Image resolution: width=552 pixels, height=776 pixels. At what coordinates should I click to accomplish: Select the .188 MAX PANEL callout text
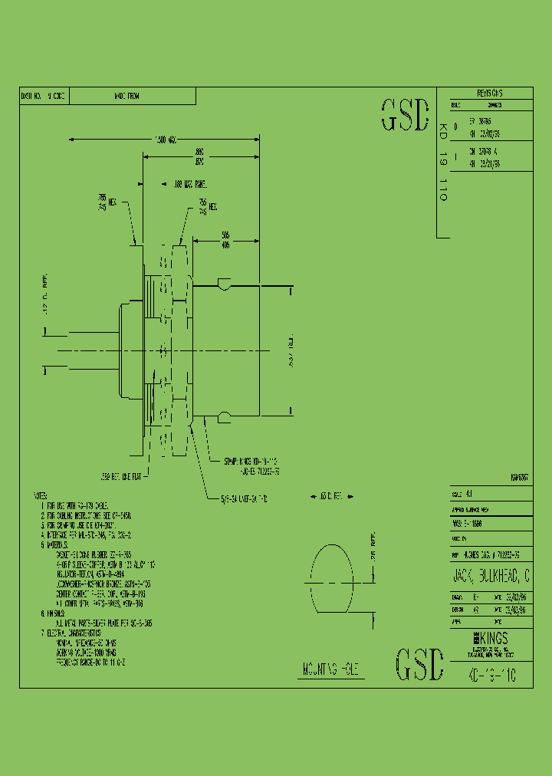[x=186, y=184]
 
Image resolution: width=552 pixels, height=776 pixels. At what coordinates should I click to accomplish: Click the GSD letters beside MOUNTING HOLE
[x=419, y=664]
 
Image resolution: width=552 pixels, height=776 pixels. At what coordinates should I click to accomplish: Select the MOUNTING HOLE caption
[x=329, y=670]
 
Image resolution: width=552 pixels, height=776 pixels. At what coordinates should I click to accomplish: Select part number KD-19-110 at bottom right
[x=491, y=676]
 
